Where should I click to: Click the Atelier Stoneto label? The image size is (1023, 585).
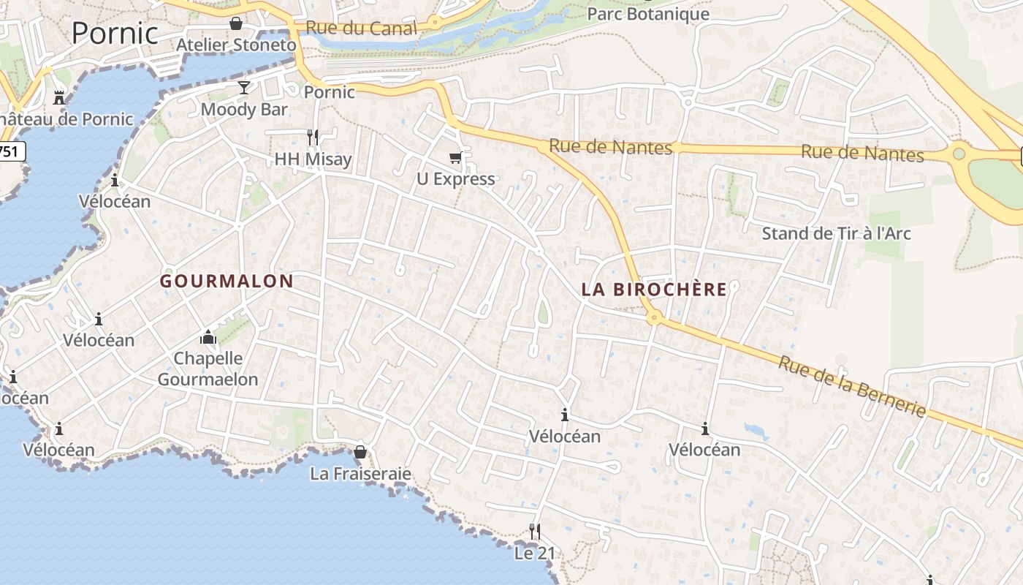coord(237,45)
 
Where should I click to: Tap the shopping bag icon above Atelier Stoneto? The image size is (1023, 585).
coord(236,23)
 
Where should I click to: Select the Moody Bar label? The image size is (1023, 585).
coord(244,110)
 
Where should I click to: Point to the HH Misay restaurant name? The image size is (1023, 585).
coord(313,159)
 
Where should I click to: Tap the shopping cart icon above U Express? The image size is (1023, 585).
coord(455,157)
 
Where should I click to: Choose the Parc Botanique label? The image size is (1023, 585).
coord(648,14)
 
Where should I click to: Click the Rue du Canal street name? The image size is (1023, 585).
coord(361,29)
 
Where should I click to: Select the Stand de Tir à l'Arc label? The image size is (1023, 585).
coord(836,234)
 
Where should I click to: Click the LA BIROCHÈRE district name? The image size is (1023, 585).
coord(654,290)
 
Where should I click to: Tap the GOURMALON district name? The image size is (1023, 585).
coord(227,281)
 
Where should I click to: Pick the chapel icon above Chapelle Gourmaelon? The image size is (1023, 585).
coord(208,337)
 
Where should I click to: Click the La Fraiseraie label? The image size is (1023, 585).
coord(360,474)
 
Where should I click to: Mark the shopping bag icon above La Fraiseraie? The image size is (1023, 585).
coord(360,452)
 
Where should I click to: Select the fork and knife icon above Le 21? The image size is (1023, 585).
coord(535,531)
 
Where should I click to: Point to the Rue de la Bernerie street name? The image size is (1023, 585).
coord(852,385)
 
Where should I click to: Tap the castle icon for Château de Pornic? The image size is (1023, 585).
coord(59,97)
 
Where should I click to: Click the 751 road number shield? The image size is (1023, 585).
coord(10,152)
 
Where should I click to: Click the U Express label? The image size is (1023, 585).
coord(455,179)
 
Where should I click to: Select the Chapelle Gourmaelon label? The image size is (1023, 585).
coord(208,369)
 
